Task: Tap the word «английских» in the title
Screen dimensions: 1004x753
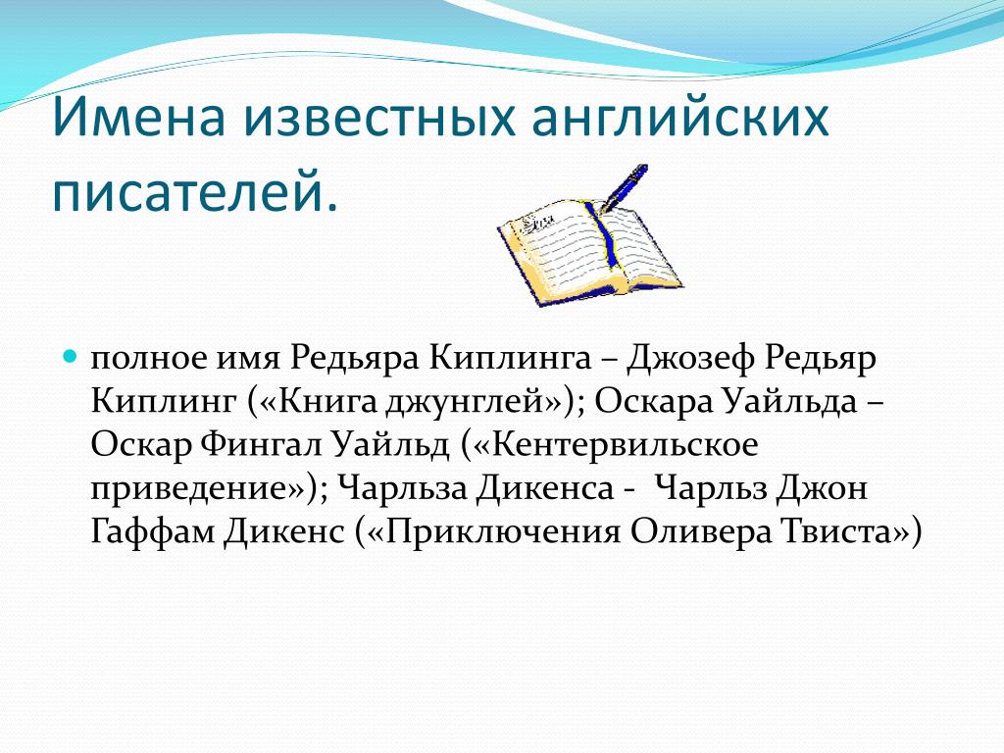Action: tap(680, 119)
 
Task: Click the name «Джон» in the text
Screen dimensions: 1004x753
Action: tap(823, 488)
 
